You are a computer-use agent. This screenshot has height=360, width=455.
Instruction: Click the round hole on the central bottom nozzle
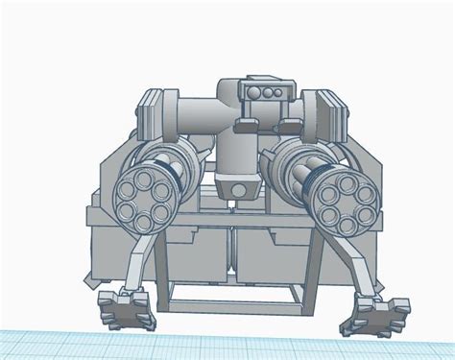point(233,190)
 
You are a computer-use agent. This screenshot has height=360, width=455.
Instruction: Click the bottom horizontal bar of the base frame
point(235,308)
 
